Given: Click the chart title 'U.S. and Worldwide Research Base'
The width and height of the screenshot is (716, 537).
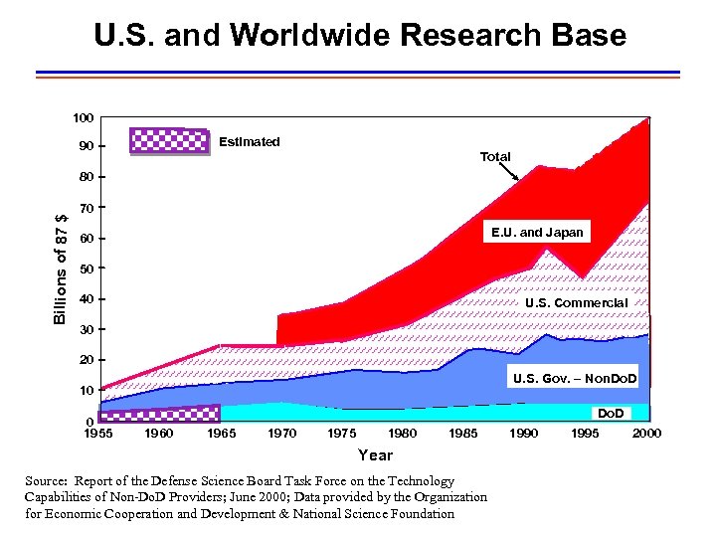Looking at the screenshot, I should click(x=359, y=36).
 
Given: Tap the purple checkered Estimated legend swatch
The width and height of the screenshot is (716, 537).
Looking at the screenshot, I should click(x=169, y=141).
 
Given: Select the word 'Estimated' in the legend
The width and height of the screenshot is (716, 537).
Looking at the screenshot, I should click(x=249, y=141).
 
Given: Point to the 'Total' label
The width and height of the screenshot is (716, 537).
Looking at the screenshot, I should click(x=495, y=157).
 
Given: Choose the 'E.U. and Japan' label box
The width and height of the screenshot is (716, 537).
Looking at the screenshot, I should click(x=537, y=233).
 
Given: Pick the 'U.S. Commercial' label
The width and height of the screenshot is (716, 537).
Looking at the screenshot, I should click(x=576, y=302).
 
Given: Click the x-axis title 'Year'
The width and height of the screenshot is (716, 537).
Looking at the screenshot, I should click(x=375, y=455).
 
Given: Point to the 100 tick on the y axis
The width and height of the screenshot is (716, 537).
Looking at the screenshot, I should click(x=84, y=118).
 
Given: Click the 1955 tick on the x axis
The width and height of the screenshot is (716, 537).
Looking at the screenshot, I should click(x=97, y=434).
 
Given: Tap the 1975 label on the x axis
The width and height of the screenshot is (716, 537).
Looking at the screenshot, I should click(x=342, y=434).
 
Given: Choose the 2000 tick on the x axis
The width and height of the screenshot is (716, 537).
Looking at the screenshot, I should click(x=646, y=434).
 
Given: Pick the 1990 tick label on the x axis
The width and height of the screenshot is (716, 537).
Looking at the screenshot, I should click(x=524, y=434).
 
